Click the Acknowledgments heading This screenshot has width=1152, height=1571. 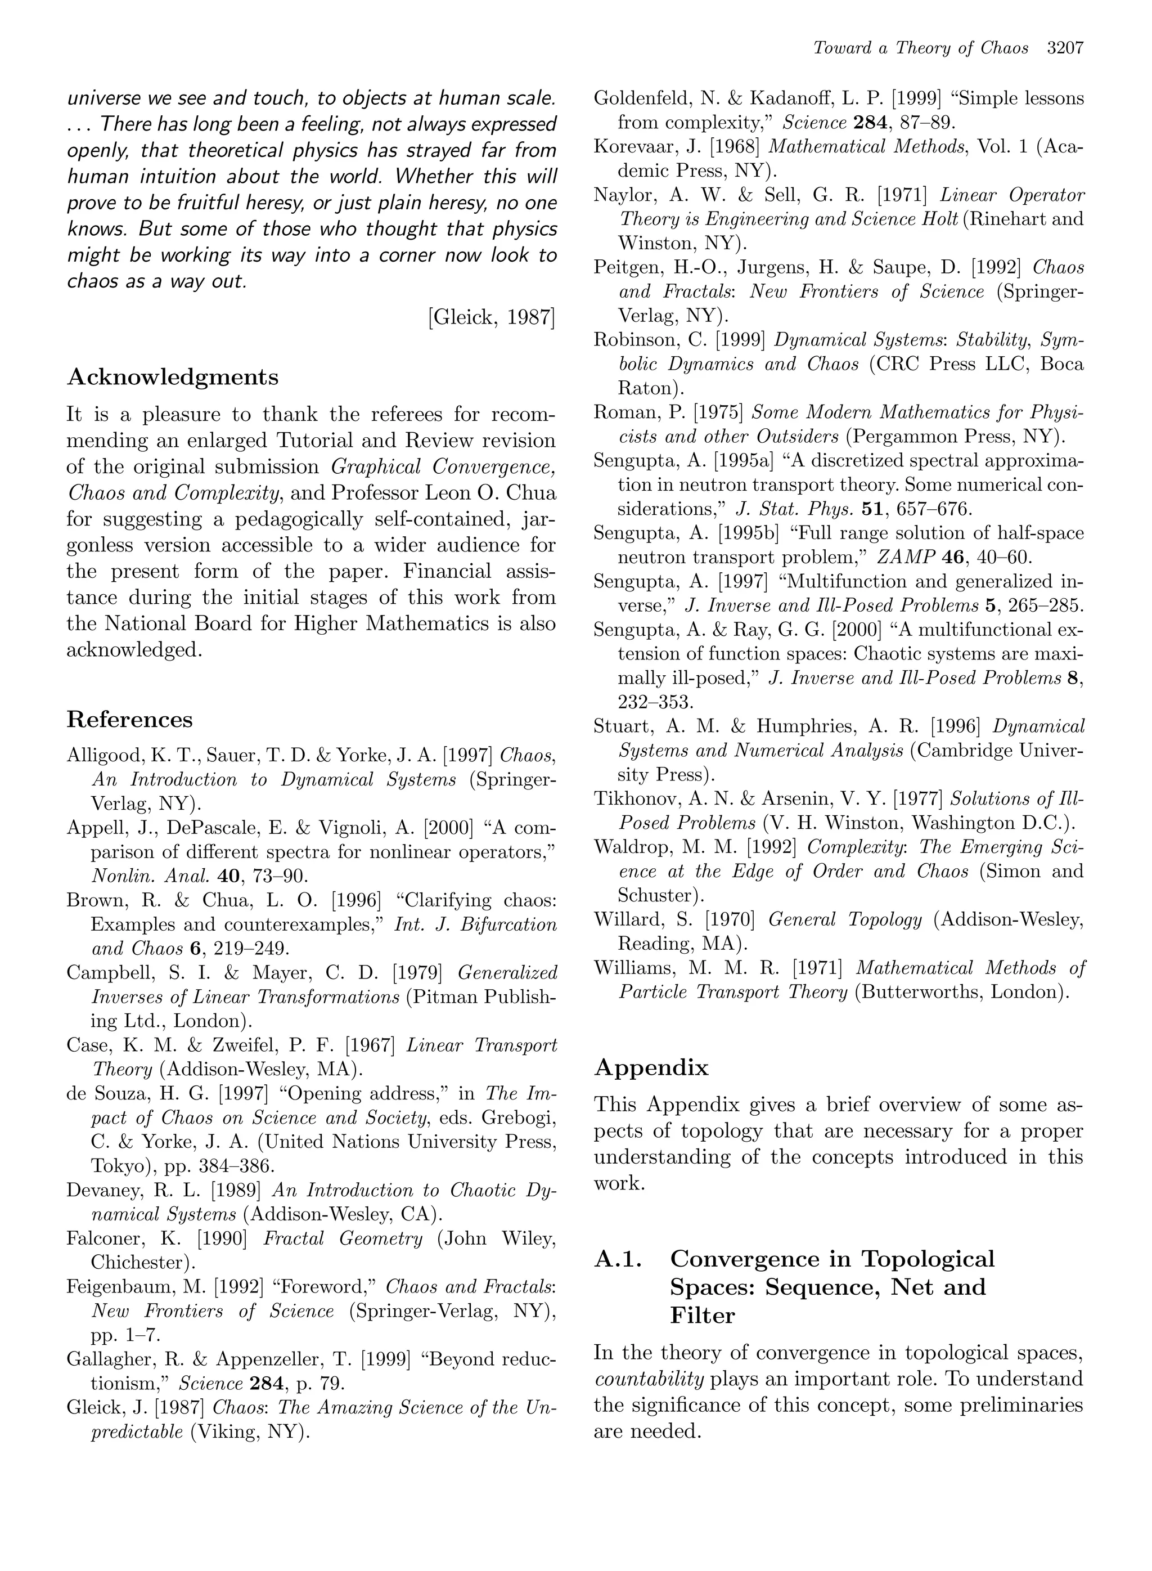point(172,378)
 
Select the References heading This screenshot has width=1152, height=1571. point(130,719)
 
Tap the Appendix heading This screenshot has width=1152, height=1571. point(651,1067)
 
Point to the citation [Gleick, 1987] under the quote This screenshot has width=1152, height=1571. point(492,317)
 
